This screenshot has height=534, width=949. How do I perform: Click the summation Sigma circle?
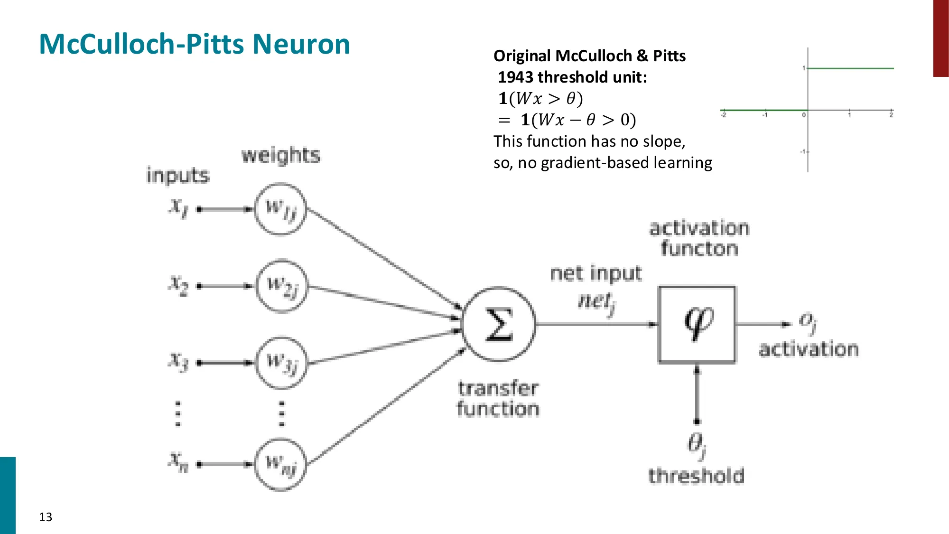coord(499,325)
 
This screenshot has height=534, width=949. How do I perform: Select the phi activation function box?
coord(697,325)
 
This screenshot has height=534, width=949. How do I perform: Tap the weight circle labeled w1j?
coord(280,209)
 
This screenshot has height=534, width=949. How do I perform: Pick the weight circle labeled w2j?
coord(282,286)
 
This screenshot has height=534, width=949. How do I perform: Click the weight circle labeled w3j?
coord(282,363)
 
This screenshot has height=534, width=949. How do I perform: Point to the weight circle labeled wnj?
coord(280,464)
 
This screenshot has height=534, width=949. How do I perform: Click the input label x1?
coord(178,207)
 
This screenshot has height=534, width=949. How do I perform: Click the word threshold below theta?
coord(696,476)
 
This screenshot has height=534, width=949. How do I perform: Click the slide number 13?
coord(46,517)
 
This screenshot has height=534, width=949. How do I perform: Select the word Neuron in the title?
coord(301,44)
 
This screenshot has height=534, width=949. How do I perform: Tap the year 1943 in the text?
coord(516,77)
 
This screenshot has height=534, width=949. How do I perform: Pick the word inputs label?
coord(178,176)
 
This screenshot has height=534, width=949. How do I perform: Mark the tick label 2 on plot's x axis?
coord(891,115)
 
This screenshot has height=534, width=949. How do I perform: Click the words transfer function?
coord(498,399)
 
